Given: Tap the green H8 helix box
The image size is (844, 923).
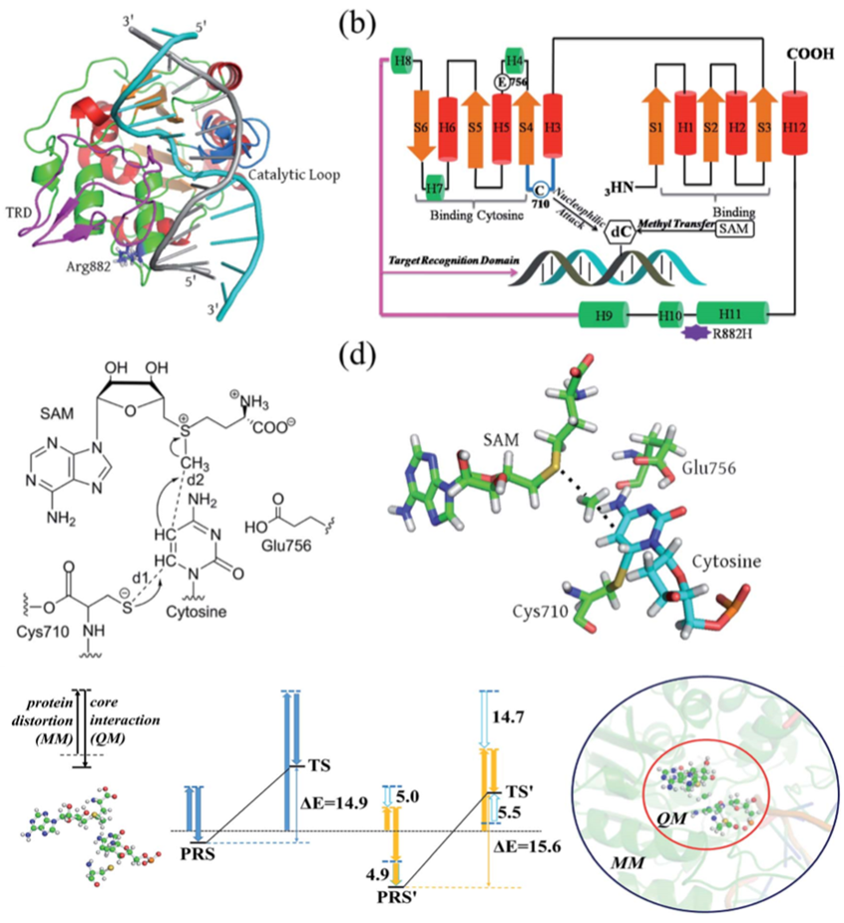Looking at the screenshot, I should pos(404,61).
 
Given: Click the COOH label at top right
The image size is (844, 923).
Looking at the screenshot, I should pos(811,54).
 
